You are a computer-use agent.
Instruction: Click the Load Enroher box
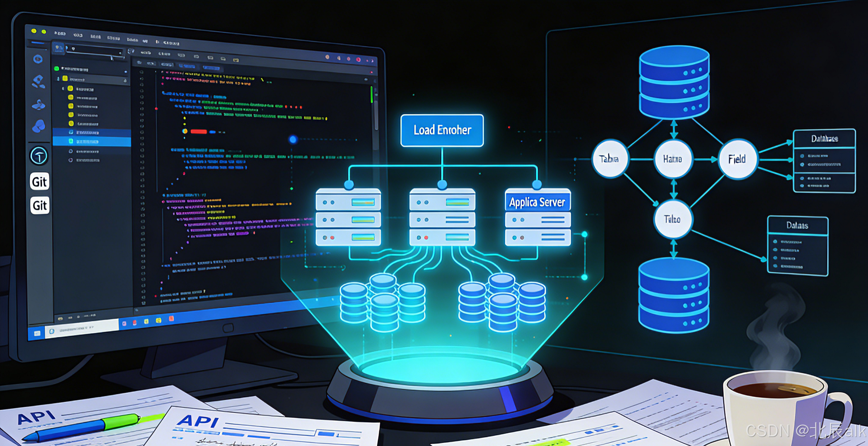point(442,130)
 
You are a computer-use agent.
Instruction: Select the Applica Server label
point(537,202)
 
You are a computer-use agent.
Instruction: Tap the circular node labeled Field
point(737,159)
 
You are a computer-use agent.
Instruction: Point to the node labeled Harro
point(673,159)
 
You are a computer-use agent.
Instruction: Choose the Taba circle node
point(609,159)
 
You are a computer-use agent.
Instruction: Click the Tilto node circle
point(673,219)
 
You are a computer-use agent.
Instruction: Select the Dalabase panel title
point(824,139)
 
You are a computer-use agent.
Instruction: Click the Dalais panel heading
point(797,225)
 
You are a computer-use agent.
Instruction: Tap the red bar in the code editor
point(198,132)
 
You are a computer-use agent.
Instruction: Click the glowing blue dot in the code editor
point(293,140)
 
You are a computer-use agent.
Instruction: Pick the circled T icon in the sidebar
point(39,156)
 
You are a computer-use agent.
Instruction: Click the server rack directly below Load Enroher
point(442,217)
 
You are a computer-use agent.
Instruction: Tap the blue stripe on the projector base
point(508,399)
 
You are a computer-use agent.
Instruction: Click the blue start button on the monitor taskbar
point(37,333)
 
